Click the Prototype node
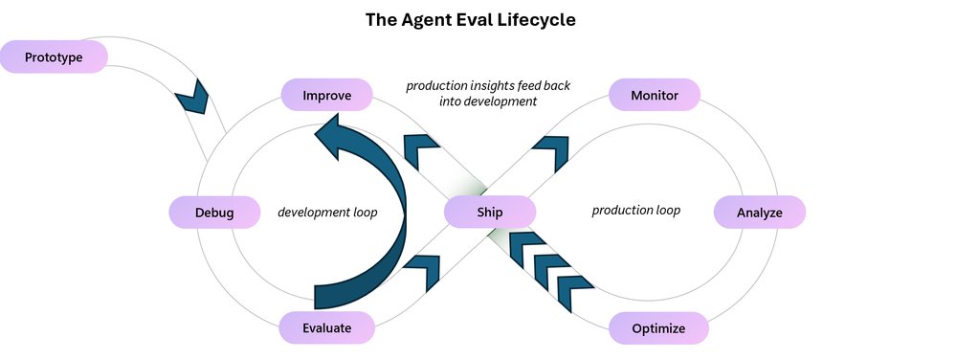(x=54, y=58)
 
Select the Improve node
(x=326, y=95)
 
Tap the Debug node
(x=214, y=213)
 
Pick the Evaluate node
(x=326, y=327)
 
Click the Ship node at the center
(x=488, y=213)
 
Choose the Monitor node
(x=655, y=95)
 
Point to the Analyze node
(x=760, y=213)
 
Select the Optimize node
(x=658, y=328)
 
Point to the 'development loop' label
(x=327, y=212)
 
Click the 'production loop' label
(x=635, y=210)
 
